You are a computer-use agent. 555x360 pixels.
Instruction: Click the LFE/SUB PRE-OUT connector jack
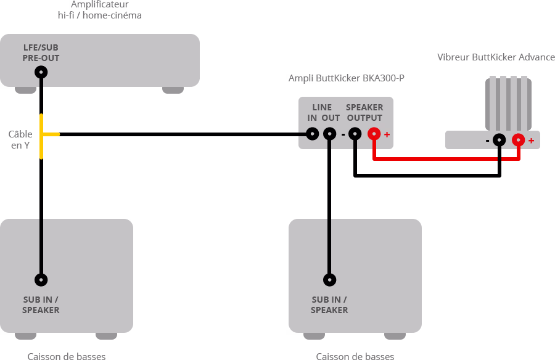click(41, 73)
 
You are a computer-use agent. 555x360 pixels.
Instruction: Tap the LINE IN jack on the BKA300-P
click(313, 134)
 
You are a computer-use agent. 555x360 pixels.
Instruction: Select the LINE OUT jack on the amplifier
click(330, 134)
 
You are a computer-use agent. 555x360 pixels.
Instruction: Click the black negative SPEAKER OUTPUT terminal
click(355, 134)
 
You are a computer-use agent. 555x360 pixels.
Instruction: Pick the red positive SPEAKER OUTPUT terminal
click(374, 134)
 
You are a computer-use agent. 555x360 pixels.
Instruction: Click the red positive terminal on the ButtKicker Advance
click(519, 140)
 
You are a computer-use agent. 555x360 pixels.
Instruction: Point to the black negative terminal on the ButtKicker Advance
click(499, 140)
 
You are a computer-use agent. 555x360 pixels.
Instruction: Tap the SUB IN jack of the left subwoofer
click(41, 280)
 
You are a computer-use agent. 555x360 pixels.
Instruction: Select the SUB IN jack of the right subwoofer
click(330, 280)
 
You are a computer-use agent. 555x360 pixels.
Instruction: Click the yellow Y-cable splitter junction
click(43, 134)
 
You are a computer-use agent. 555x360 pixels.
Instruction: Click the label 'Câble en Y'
click(20, 140)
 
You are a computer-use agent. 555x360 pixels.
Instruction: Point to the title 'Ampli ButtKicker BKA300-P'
click(347, 78)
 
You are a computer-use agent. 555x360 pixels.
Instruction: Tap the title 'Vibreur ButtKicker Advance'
click(496, 57)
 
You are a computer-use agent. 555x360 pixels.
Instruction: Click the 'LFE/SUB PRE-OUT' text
click(41, 53)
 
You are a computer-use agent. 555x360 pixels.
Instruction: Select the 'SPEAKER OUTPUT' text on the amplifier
click(364, 113)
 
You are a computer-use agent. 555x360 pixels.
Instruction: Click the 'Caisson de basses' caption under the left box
click(67, 356)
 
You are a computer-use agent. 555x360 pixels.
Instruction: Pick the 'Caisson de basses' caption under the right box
click(355, 356)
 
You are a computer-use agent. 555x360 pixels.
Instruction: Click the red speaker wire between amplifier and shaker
click(444, 159)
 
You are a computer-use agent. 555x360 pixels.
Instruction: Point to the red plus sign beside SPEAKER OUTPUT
click(387, 134)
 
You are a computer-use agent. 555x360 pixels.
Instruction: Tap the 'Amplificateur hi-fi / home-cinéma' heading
click(99, 9)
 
